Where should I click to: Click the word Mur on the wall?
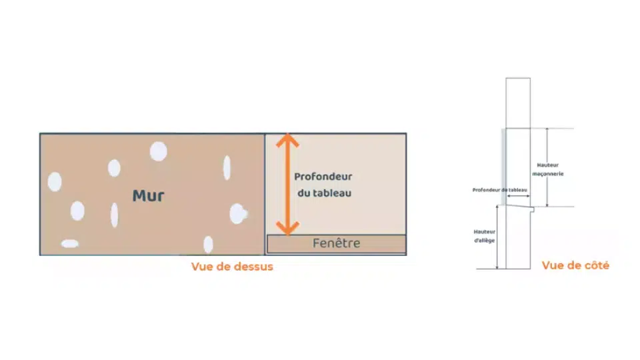point(148,195)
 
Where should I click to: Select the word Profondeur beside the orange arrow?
point(323,177)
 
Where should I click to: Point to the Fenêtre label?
point(336,243)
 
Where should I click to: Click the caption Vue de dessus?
point(232,267)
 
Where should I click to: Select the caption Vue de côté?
point(575,265)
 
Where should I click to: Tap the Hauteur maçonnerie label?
point(551,169)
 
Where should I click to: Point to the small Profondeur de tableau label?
point(499,190)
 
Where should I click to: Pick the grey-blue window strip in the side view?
point(503,167)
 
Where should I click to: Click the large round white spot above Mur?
point(158,152)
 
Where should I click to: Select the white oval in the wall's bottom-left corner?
point(70,244)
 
